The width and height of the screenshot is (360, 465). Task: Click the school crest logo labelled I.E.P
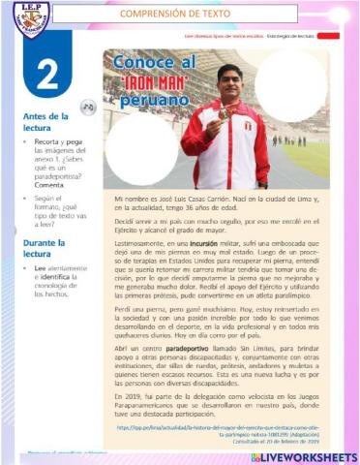click(x=25, y=18)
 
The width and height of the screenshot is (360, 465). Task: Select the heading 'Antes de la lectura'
click(x=45, y=120)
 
